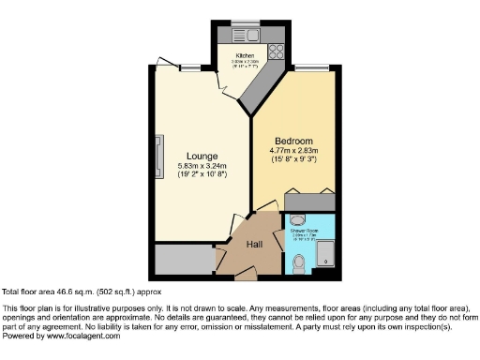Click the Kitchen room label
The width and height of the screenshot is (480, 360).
pyautogui.click(x=245, y=55)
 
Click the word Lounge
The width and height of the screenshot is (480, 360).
pyautogui.click(x=202, y=156)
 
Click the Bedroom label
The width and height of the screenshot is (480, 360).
pyautogui.click(x=295, y=142)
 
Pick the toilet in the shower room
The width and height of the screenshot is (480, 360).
pyautogui.click(x=298, y=264)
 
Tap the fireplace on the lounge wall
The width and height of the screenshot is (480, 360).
pyautogui.click(x=160, y=155)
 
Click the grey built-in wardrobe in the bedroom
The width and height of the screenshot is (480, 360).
pyautogui.click(x=309, y=201)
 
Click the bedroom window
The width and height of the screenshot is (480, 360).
pyautogui.click(x=308, y=66)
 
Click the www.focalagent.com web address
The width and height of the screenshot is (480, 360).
pyautogui.click(x=82, y=336)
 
